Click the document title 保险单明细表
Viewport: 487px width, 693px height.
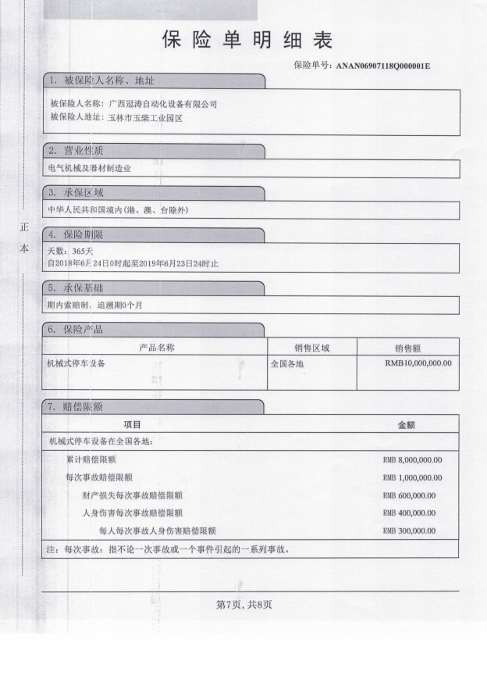click(247, 41)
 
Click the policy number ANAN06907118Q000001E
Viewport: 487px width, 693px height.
click(383, 66)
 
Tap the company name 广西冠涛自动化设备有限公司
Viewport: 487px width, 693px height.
click(162, 103)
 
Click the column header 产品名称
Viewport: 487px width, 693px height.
click(156, 348)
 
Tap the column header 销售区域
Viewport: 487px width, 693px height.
click(311, 348)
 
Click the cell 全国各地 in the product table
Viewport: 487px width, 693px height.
click(286, 363)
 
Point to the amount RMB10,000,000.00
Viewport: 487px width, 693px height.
click(418, 363)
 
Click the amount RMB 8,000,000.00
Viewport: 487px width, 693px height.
click(413, 459)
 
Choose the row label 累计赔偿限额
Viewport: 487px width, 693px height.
click(91, 459)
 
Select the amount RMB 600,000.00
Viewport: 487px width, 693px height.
click(410, 495)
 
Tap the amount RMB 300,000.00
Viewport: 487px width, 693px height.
click(410, 531)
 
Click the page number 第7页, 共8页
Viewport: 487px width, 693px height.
click(243, 604)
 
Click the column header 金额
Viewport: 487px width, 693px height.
click(406, 425)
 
